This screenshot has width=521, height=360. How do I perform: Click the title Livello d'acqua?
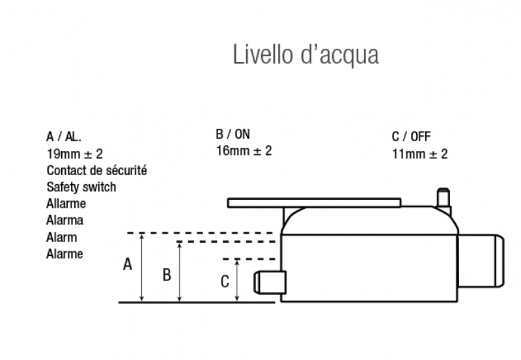tap(305, 55)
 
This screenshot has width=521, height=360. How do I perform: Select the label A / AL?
tap(64, 137)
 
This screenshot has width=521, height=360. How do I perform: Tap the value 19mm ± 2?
tap(74, 154)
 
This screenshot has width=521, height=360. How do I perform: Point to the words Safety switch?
tap(81, 187)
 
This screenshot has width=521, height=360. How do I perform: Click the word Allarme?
tap(66, 204)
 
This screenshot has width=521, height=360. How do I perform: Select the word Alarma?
tap(64, 221)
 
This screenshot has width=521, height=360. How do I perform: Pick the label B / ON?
tap(232, 135)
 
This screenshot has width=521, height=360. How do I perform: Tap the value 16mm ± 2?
tap(244, 151)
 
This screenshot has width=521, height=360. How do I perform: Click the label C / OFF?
tap(411, 137)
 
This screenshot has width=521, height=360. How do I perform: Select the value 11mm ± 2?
tap(419, 154)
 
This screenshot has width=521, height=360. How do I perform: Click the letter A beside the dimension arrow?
tap(128, 264)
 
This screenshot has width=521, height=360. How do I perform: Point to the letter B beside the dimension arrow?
tap(167, 275)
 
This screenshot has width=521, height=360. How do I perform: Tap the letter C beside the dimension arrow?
tap(225, 282)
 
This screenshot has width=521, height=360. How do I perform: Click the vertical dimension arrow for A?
tap(142, 267)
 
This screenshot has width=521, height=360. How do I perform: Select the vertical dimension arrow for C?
tap(237, 280)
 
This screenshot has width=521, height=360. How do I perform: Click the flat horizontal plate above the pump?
tap(313, 203)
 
